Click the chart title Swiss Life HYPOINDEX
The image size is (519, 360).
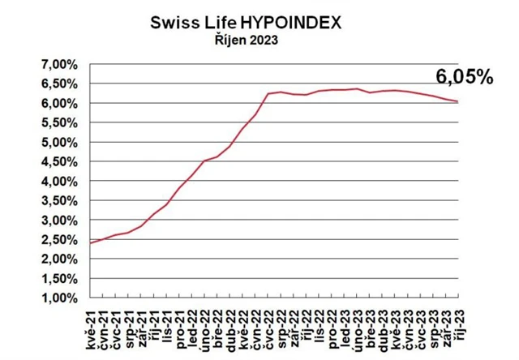pyautogui.click(x=247, y=22)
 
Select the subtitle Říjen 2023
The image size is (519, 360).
pyautogui.click(x=247, y=41)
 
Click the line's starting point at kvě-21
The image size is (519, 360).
pyautogui.click(x=90, y=242)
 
